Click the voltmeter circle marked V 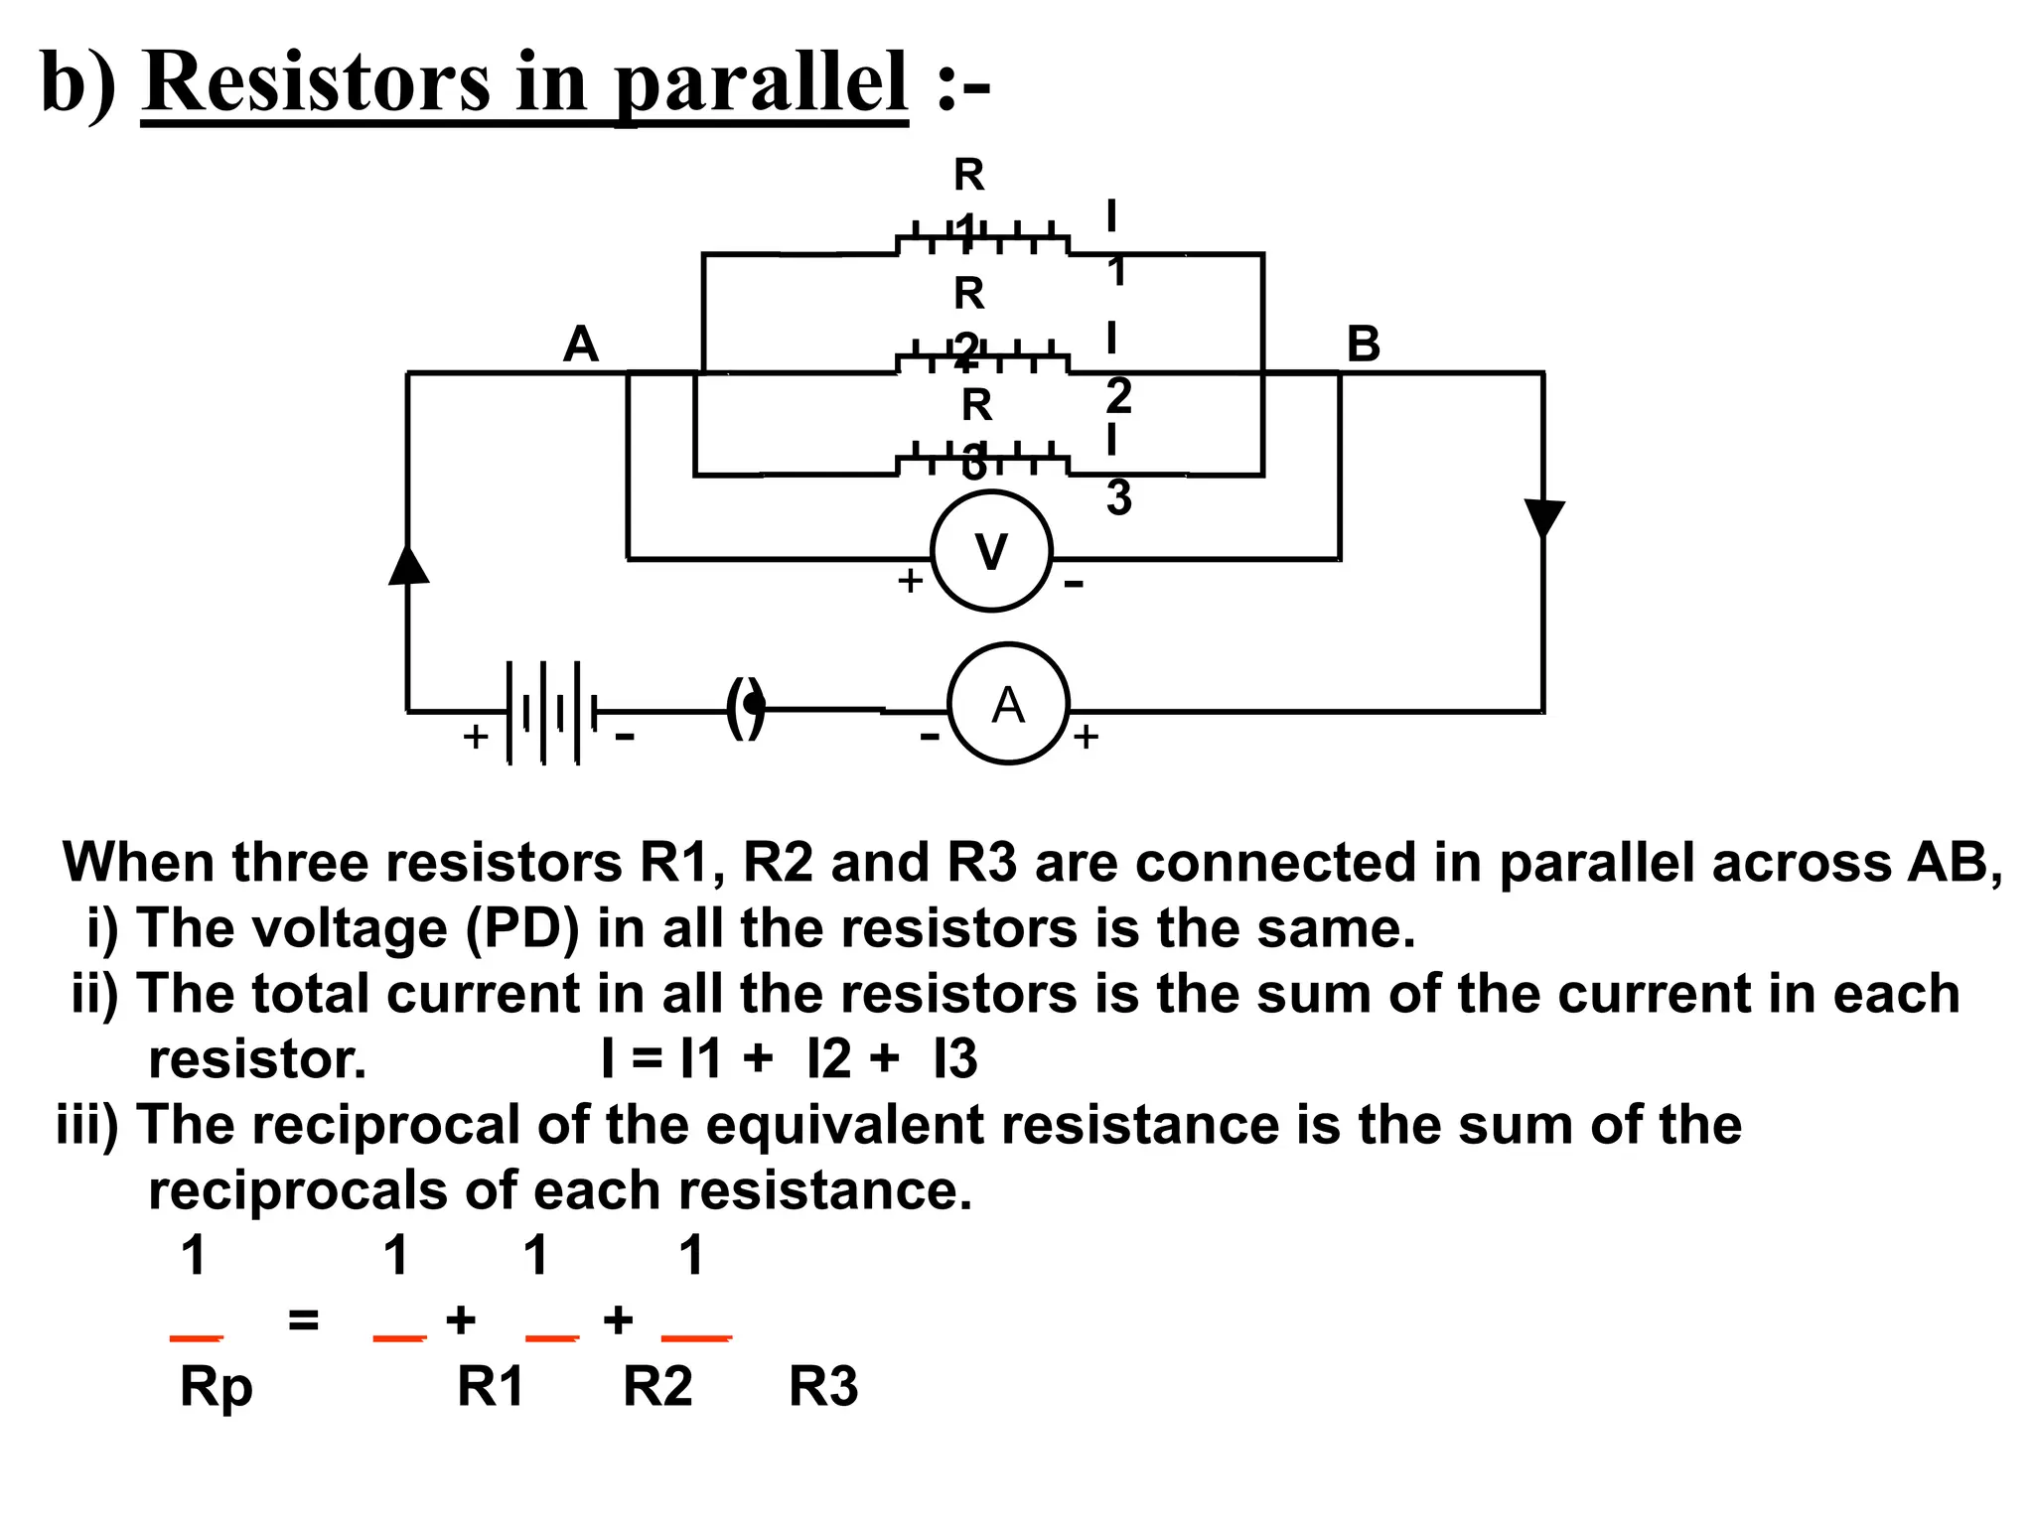[x=991, y=552]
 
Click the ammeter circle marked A [x=1008, y=704]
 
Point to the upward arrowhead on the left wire [x=408, y=565]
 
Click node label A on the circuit [x=581, y=345]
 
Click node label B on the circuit [x=1363, y=345]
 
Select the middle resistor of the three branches [x=982, y=361]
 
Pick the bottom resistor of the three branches [x=982, y=464]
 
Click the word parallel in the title [x=760, y=82]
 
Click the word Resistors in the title [x=317, y=82]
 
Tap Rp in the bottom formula [x=216, y=1387]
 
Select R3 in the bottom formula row [x=823, y=1387]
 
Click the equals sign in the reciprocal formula [x=303, y=1320]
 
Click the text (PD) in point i [x=523, y=929]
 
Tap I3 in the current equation [x=955, y=1059]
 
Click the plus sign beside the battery [x=476, y=737]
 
